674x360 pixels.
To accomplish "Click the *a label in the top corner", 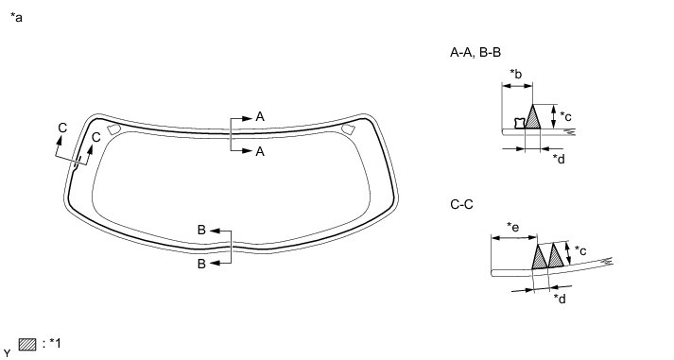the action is (16, 18).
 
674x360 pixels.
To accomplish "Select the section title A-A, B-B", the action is (475, 52).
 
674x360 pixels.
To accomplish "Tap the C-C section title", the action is (461, 204).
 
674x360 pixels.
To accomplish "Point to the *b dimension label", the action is (516, 74).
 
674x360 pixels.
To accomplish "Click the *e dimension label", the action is (512, 227).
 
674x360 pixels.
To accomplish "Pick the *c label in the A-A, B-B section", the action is (565, 116).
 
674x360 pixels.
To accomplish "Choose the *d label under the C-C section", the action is (560, 299).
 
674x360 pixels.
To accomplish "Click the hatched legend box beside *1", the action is (27, 345).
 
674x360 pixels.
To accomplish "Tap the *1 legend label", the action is (55, 344).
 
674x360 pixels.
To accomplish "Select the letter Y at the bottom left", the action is (8, 354).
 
